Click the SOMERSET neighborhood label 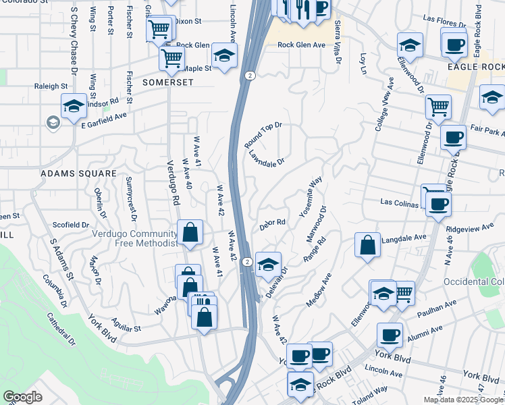click(168, 82)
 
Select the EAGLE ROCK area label click(475, 67)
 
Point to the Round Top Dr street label click(263, 136)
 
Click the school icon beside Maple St click(225, 55)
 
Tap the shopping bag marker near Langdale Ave click(367, 246)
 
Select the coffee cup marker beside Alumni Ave click(390, 335)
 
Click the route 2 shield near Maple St click(250, 75)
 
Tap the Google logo click(22, 397)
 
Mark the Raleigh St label click(51, 86)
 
